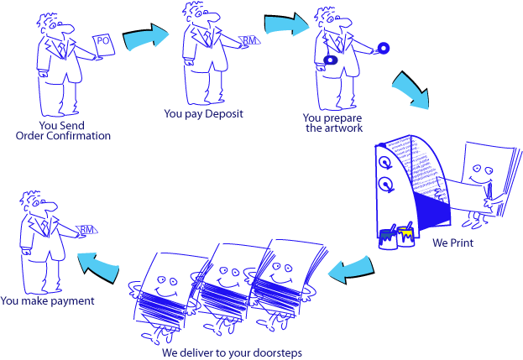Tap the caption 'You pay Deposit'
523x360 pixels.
(203, 113)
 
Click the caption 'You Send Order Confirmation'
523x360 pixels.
(63, 131)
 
